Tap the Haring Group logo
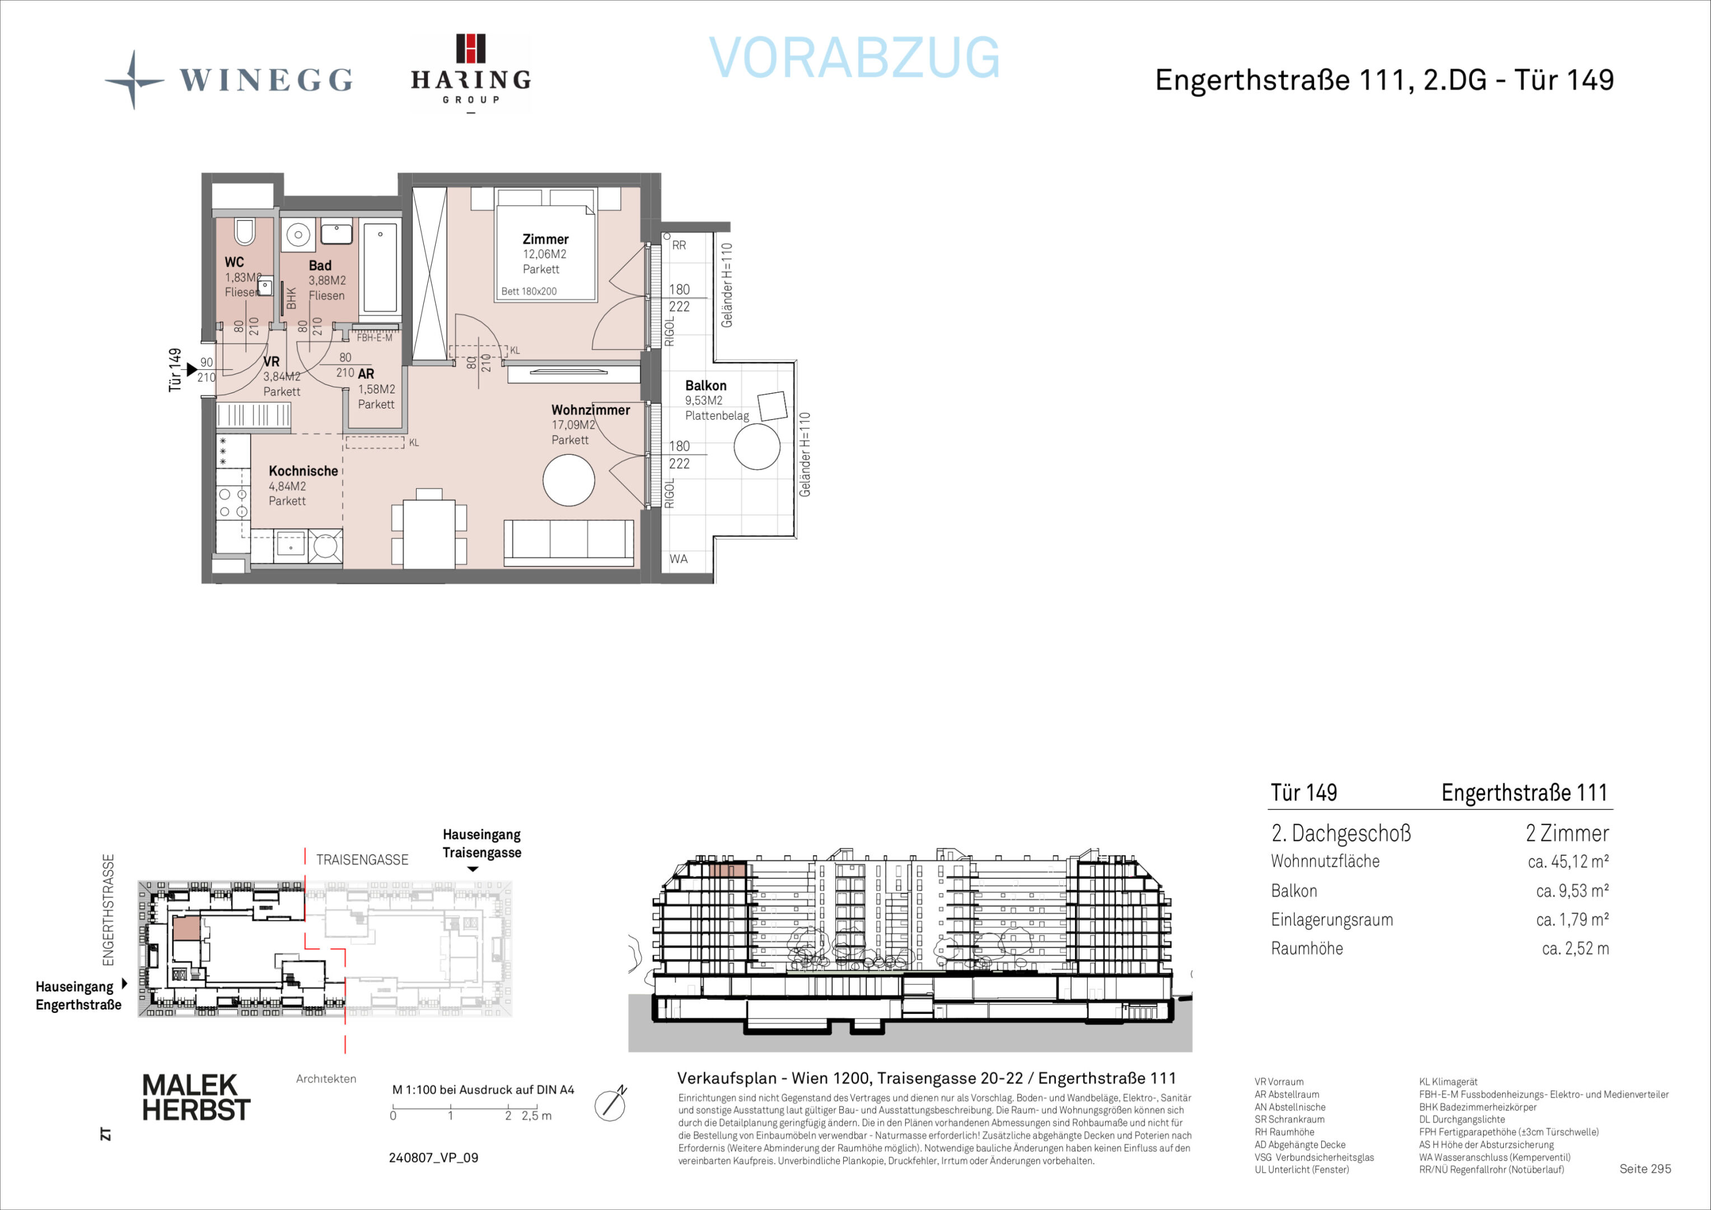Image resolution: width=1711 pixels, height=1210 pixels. click(x=470, y=73)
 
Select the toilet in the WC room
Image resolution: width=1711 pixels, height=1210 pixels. click(x=245, y=232)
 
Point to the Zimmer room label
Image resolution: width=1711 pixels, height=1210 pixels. click(x=545, y=239)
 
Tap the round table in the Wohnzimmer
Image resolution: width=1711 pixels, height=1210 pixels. click(x=569, y=481)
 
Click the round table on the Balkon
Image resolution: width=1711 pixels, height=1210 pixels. click(x=757, y=446)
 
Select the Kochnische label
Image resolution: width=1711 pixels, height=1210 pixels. click(x=303, y=471)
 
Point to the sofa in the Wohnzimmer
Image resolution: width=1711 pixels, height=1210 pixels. click(x=569, y=543)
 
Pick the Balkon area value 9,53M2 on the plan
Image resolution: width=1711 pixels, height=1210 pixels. click(x=703, y=401)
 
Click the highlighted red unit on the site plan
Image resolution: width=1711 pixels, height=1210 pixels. click(x=186, y=928)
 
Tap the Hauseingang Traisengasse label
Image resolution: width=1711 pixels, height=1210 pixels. click(x=481, y=843)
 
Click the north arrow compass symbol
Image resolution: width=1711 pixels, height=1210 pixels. click(x=611, y=1104)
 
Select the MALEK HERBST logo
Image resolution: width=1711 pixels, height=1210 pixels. click(x=196, y=1097)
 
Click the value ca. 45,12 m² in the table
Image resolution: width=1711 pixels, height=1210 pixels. click(x=1568, y=862)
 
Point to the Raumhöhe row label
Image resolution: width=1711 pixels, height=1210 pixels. click(x=1307, y=949)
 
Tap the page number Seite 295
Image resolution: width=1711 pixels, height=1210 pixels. click(x=1645, y=1169)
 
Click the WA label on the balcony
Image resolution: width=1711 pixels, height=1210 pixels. click(x=678, y=559)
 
